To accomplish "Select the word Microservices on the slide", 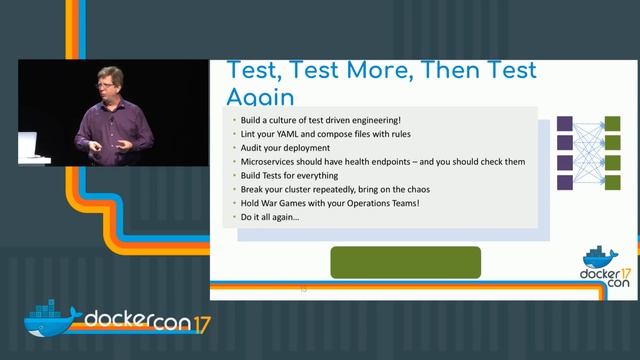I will point(271,161).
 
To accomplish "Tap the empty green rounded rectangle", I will point(406,262).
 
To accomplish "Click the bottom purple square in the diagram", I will point(564,183).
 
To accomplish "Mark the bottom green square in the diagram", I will point(612,183).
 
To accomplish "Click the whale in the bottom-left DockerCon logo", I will point(51,319).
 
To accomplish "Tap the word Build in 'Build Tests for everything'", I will point(251,176).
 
